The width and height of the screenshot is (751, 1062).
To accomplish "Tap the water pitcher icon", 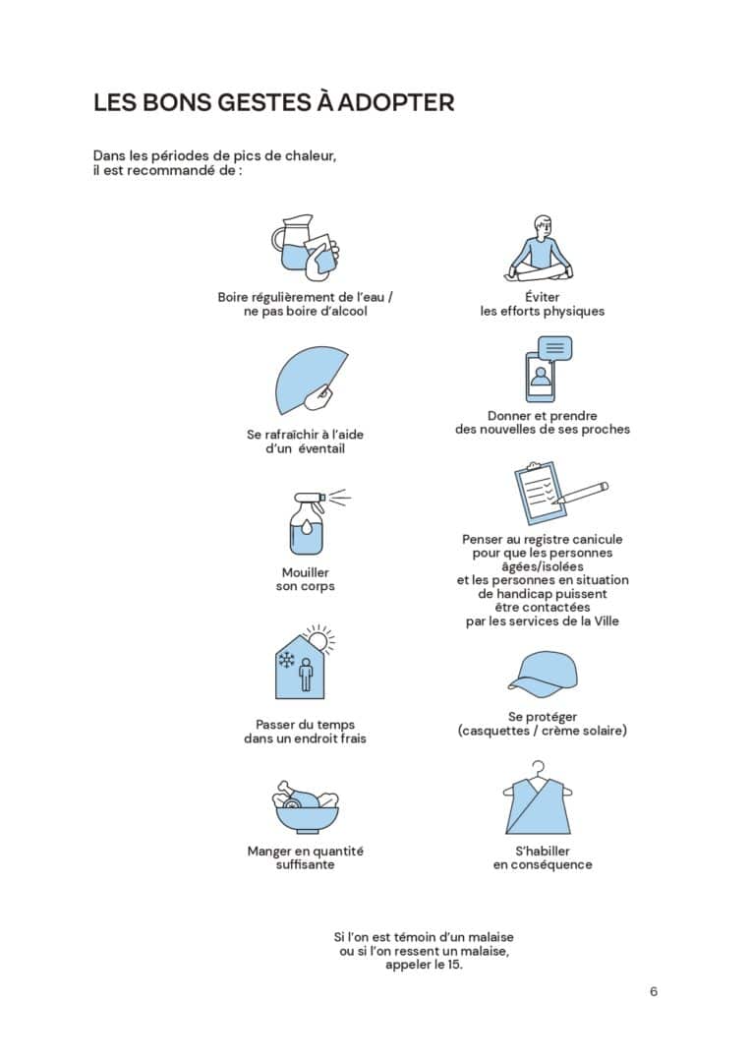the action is [305, 247].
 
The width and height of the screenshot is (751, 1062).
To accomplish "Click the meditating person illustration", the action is [541, 249].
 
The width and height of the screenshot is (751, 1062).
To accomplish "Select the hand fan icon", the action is [311, 380].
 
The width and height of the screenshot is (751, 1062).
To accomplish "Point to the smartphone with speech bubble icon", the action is [549, 369].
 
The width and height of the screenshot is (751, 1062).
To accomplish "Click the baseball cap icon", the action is [544, 676].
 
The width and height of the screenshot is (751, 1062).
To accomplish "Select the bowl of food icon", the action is [306, 806].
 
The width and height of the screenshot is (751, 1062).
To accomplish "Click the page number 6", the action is [654, 991].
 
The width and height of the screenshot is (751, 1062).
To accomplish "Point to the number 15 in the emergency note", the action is [453, 965].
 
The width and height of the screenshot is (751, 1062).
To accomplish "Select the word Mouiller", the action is [306, 572].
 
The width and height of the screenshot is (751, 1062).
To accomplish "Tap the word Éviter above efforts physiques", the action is [543, 296].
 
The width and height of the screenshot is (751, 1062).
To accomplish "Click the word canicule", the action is [596, 539].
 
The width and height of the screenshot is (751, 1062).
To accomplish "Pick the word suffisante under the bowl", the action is [306, 865].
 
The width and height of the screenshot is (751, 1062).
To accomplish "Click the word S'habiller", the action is [543, 851].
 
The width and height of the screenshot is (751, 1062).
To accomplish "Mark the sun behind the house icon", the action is [320, 639].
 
